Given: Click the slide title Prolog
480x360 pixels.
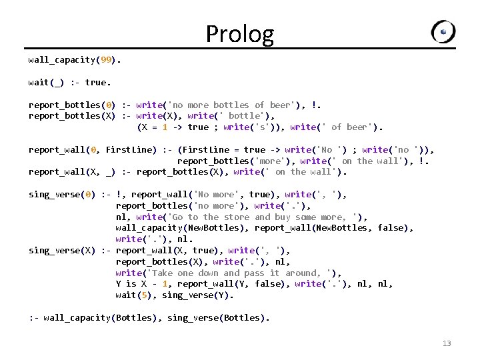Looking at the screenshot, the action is click(x=239, y=33).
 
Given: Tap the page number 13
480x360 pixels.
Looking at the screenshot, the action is click(x=447, y=343).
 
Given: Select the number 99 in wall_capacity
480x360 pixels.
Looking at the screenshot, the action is click(x=105, y=60).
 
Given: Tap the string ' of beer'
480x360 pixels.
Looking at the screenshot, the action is click(x=347, y=127).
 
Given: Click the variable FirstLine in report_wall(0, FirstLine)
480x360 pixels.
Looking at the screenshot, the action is click(x=131, y=149).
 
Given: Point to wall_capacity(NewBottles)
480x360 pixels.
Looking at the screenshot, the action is click(x=180, y=228).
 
